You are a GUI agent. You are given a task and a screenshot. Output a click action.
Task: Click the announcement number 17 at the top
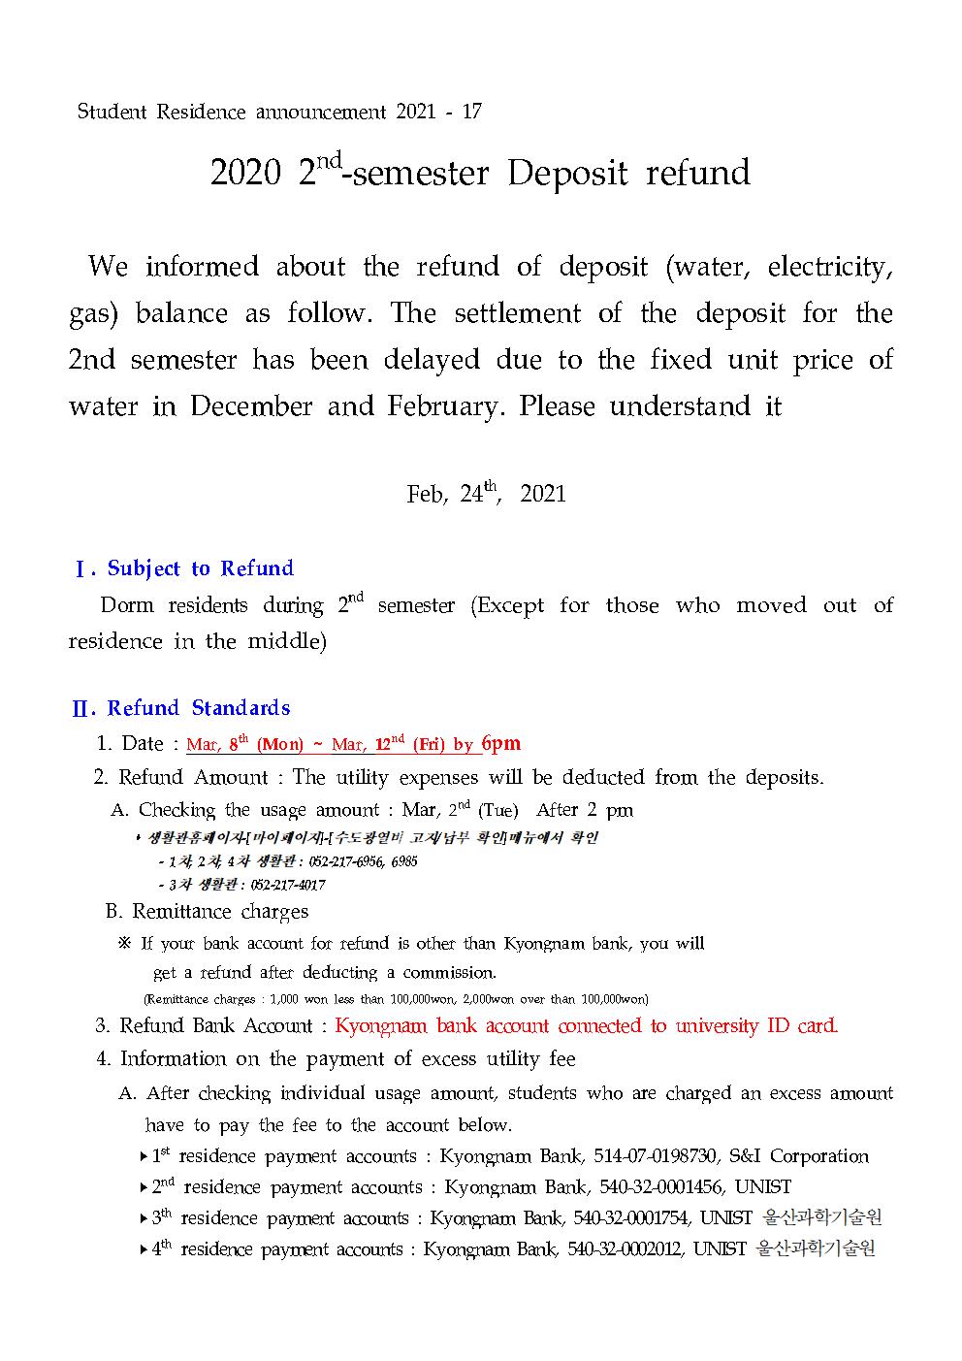pyautogui.click(x=471, y=112)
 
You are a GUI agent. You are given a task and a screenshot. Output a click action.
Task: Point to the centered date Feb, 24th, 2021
pyautogui.click(x=486, y=493)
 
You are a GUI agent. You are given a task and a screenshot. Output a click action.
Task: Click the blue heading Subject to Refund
pyautogui.click(x=200, y=568)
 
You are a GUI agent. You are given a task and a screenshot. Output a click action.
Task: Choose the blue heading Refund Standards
pyautogui.click(x=199, y=708)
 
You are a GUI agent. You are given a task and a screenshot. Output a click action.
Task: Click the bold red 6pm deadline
pyautogui.click(x=500, y=744)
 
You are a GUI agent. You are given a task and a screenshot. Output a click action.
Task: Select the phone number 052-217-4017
pyautogui.click(x=288, y=885)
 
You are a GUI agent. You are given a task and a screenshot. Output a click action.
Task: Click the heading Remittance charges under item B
pyautogui.click(x=220, y=912)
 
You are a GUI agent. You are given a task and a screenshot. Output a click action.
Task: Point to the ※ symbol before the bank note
pyautogui.click(x=124, y=944)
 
